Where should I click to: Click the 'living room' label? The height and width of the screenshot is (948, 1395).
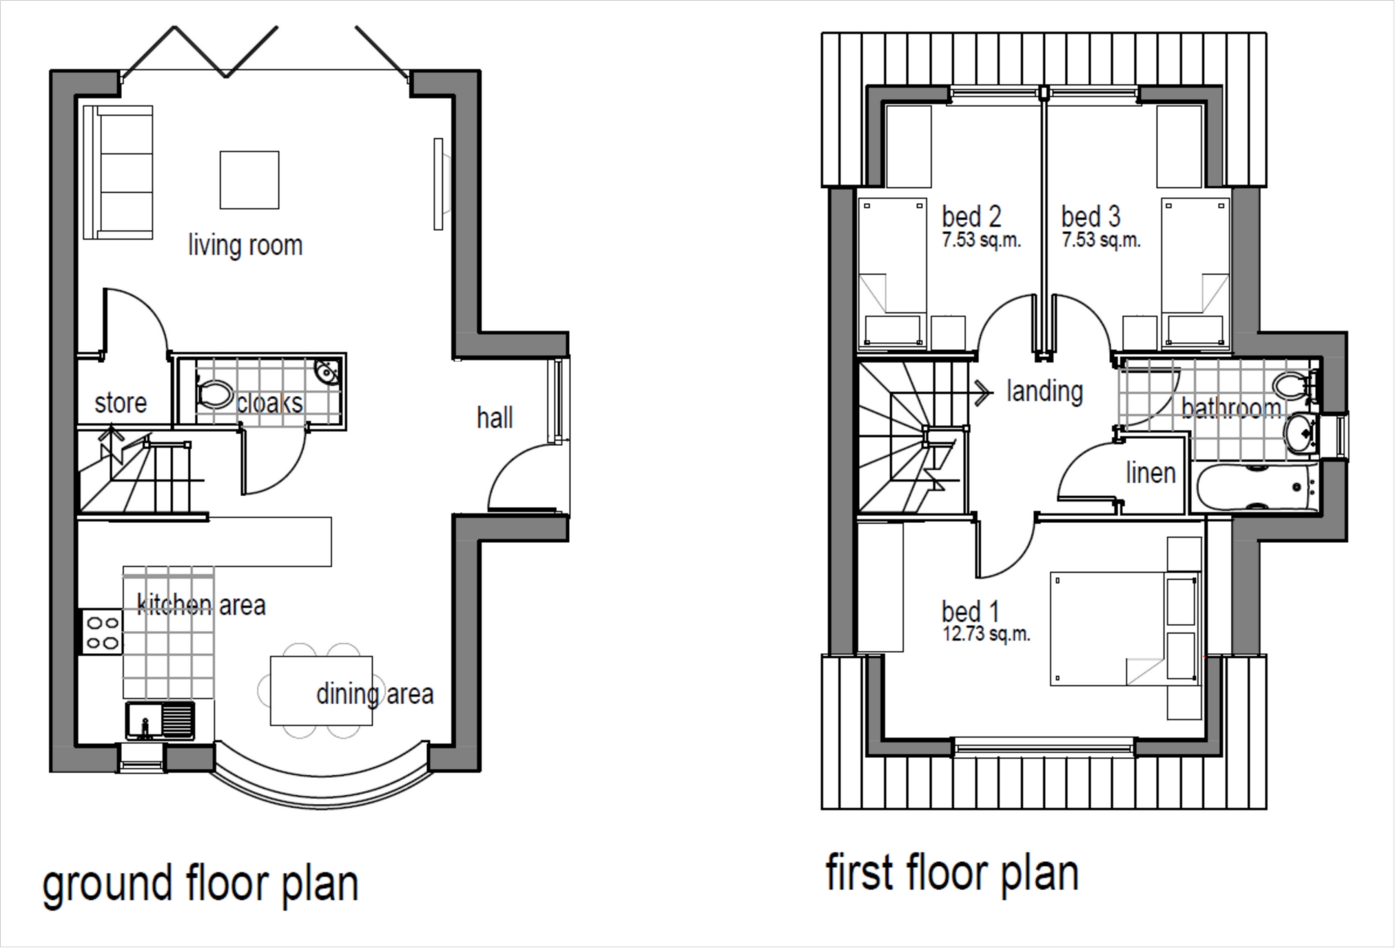pyautogui.click(x=245, y=246)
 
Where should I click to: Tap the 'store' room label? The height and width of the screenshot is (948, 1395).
pyautogui.click(x=121, y=403)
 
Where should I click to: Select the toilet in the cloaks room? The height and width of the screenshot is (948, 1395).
pyautogui.click(x=214, y=394)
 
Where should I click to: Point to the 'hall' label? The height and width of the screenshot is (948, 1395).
pyautogui.click(x=495, y=418)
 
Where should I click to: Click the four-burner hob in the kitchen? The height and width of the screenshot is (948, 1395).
pyautogui.click(x=102, y=632)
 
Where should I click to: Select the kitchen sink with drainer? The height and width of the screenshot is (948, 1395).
pyautogui.click(x=160, y=721)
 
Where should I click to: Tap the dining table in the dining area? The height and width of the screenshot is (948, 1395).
pyautogui.click(x=321, y=690)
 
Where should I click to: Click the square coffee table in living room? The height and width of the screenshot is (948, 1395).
pyautogui.click(x=249, y=180)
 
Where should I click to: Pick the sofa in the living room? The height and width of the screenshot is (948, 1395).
pyautogui.click(x=118, y=172)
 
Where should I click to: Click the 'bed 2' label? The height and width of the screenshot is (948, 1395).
pyautogui.click(x=971, y=217)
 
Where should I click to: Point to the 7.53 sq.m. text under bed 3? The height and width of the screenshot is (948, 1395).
pyautogui.click(x=1101, y=240)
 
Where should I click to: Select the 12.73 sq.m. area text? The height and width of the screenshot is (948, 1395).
pyautogui.click(x=986, y=634)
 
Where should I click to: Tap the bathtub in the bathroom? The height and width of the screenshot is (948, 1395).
pyautogui.click(x=1255, y=488)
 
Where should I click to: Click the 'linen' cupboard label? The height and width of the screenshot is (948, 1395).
pyautogui.click(x=1150, y=473)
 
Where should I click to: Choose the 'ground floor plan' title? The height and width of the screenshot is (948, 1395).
pyautogui.click(x=200, y=885)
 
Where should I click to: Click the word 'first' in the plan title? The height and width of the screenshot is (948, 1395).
pyautogui.click(x=859, y=873)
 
